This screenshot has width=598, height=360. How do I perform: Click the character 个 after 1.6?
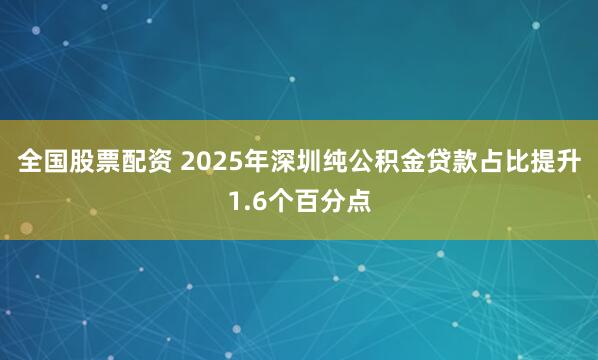280,204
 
